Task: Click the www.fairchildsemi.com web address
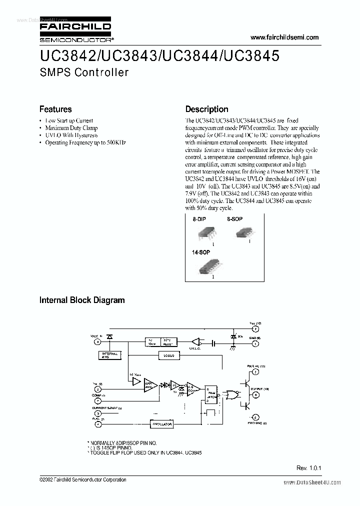coord(283,37)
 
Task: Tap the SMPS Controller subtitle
coord(83,72)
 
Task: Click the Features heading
coord(55,109)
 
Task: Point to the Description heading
coord(206,109)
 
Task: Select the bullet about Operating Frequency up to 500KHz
coord(85,142)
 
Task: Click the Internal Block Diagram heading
coord(82,300)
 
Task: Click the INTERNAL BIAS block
coord(109,355)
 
